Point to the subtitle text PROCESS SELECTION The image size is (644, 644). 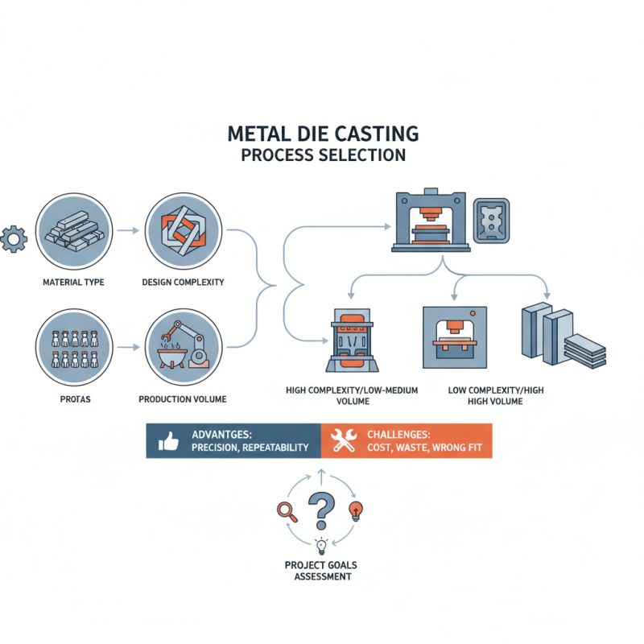point(323,154)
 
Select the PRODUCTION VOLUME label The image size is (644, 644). point(182,399)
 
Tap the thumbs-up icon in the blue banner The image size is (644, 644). point(168,441)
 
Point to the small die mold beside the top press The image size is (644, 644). point(491,218)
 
